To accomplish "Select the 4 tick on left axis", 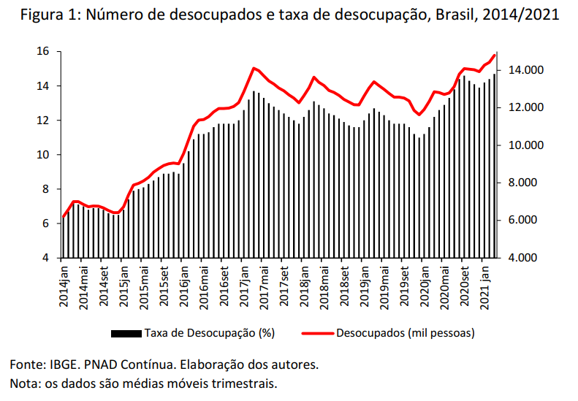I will coord(45,258).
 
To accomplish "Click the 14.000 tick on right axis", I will coord(525,70).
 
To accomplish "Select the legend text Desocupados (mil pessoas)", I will coord(406,334).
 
